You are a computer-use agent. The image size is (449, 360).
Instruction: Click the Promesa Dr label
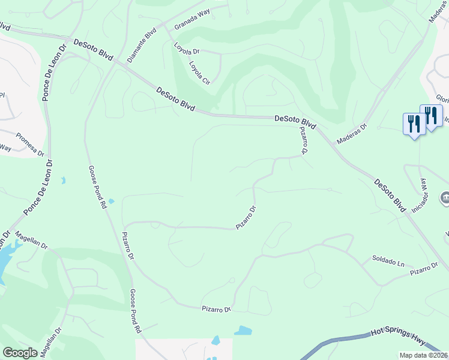click(x=31, y=144)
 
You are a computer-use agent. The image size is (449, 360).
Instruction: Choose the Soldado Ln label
click(x=388, y=261)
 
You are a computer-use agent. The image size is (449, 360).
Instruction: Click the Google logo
click(x=20, y=353)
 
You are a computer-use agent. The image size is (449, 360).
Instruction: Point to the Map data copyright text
click(x=424, y=355)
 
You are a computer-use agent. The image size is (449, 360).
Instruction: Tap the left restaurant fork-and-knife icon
click(x=414, y=124)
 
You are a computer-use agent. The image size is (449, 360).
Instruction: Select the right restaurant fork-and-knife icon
click(x=431, y=115)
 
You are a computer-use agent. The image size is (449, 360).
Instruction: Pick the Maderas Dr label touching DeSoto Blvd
click(x=351, y=132)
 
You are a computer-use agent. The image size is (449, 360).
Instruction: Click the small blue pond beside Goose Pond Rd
click(x=111, y=200)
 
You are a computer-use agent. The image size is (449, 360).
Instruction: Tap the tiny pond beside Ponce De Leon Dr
click(x=62, y=180)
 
